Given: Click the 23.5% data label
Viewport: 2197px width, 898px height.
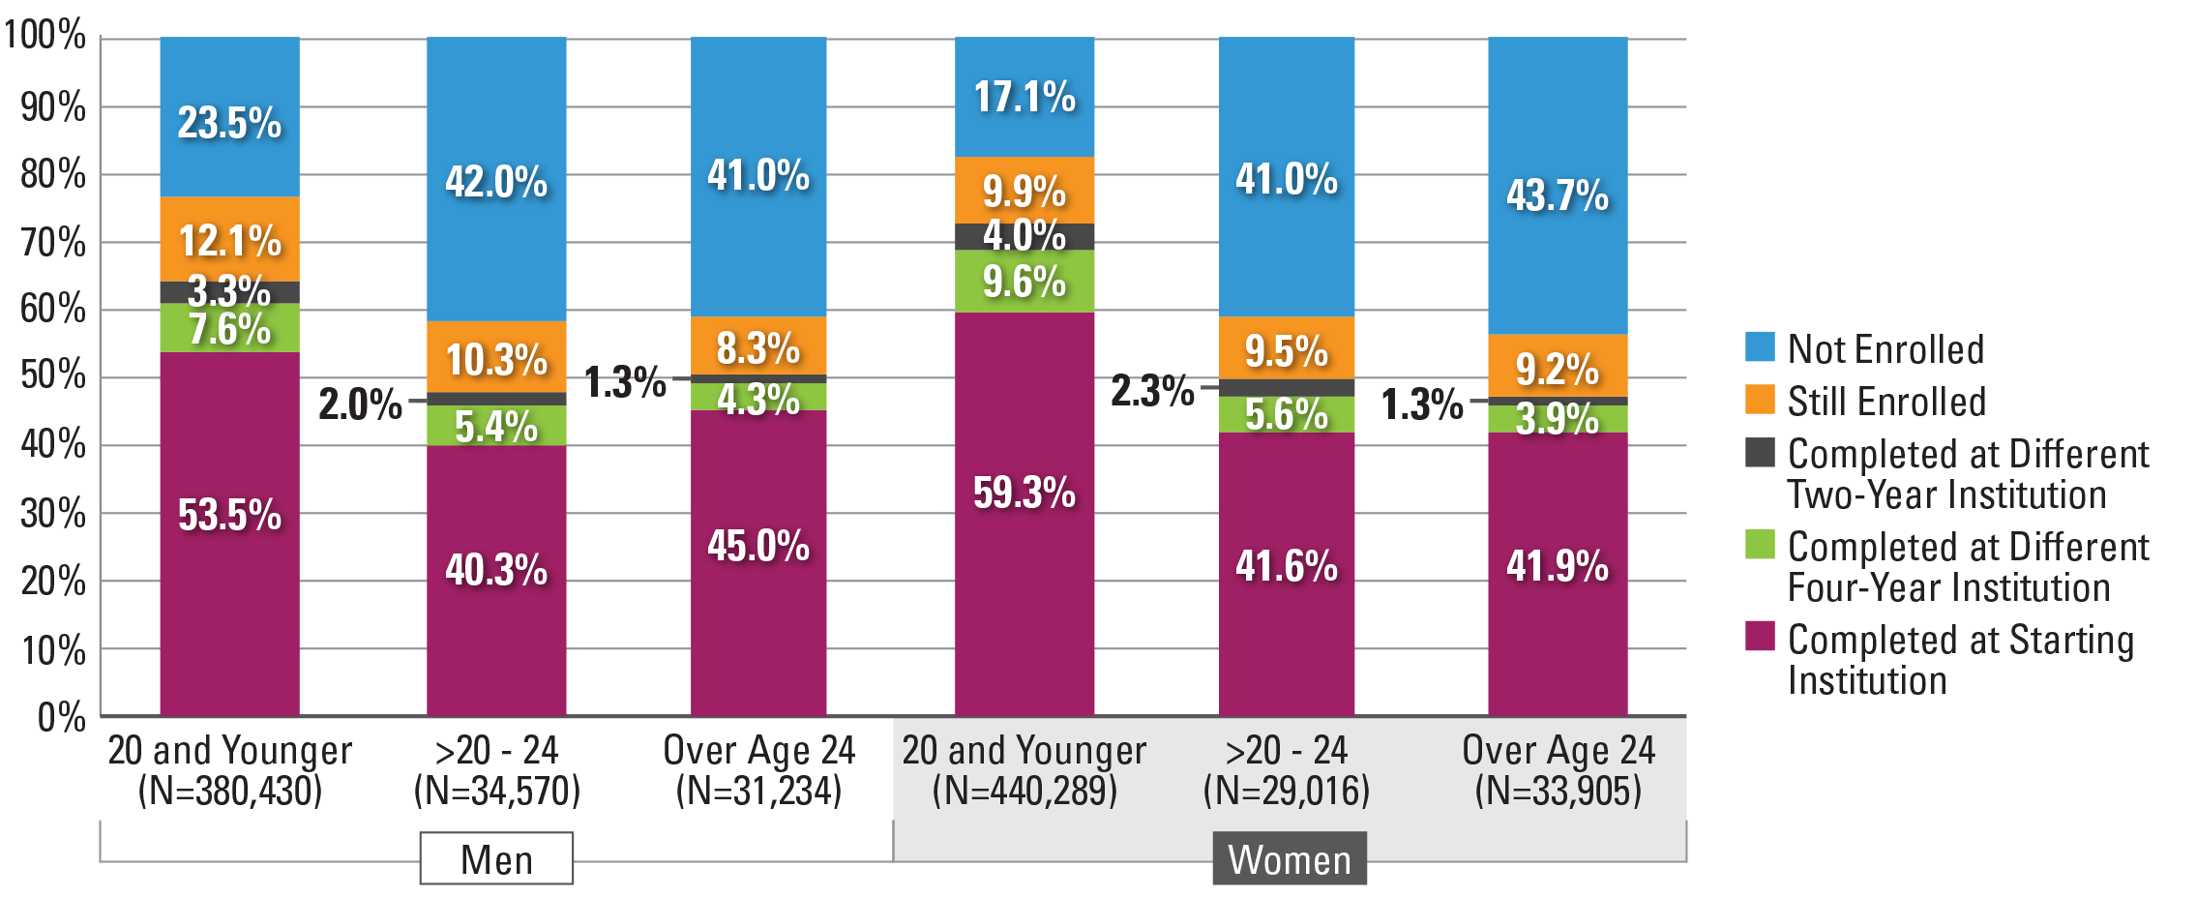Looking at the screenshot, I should [229, 123].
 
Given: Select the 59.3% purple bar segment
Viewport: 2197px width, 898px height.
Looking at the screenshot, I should [1024, 513].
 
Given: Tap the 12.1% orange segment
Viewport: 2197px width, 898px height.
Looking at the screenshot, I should [229, 239].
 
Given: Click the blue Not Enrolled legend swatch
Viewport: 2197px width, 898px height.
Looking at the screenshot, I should [1760, 347].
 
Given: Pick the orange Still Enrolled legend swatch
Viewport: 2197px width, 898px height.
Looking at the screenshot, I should [1760, 400].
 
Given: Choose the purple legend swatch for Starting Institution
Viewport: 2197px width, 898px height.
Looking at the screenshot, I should [1760, 637].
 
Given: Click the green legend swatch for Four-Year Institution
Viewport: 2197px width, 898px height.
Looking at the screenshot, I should [1760, 544].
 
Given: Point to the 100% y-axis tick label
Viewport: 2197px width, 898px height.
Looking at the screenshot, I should [45, 36].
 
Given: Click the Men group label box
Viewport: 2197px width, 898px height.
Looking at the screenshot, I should [496, 858].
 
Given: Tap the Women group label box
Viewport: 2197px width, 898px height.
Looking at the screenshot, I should [1290, 858].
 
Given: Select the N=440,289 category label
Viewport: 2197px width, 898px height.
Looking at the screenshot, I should [1024, 791].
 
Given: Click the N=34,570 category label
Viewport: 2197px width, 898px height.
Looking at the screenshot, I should [496, 791].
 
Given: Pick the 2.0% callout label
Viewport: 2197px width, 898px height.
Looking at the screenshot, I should [360, 404].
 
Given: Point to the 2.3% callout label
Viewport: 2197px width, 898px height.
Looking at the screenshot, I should [1152, 391].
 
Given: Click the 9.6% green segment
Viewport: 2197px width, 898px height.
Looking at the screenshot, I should [1024, 282].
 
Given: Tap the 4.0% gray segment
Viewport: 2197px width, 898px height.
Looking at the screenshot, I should [1024, 236].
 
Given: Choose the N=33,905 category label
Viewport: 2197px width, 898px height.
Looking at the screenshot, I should [1558, 791].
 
